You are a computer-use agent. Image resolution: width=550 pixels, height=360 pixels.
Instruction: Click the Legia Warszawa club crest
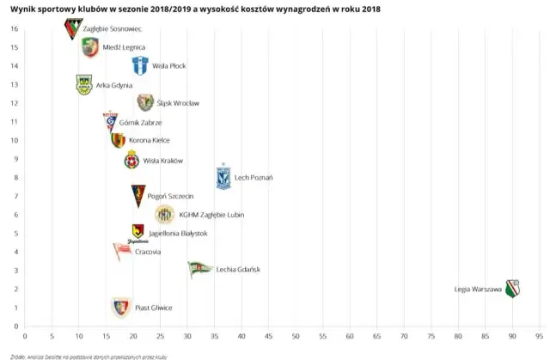(513, 288)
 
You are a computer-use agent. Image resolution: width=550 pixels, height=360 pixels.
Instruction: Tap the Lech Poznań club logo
(223, 176)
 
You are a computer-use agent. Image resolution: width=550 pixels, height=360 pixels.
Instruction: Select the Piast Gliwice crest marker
(120, 307)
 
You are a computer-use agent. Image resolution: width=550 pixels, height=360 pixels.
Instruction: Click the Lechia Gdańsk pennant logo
(199, 269)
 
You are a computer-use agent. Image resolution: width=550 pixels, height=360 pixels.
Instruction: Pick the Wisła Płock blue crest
(140, 65)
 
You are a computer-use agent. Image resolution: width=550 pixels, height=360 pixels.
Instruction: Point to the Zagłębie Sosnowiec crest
(73, 28)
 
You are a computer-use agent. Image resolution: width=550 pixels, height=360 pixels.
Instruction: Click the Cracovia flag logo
(122, 251)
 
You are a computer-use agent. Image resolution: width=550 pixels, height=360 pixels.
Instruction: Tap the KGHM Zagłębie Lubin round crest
(164, 214)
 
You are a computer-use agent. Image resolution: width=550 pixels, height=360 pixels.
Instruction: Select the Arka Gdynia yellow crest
(83, 84)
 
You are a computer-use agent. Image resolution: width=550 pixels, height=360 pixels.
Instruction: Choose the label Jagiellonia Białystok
(178, 233)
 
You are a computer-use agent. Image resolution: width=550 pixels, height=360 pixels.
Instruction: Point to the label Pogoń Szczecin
(170, 196)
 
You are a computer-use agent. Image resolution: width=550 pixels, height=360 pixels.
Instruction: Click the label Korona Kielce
(150, 140)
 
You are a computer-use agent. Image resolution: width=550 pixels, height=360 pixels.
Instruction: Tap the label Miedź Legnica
(124, 47)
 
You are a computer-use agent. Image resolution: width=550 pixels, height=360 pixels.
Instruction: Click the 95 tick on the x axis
(539, 336)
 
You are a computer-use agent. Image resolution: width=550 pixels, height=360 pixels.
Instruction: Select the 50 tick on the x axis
(296, 336)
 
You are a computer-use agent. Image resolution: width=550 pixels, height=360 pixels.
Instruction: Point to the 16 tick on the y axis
(14, 28)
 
